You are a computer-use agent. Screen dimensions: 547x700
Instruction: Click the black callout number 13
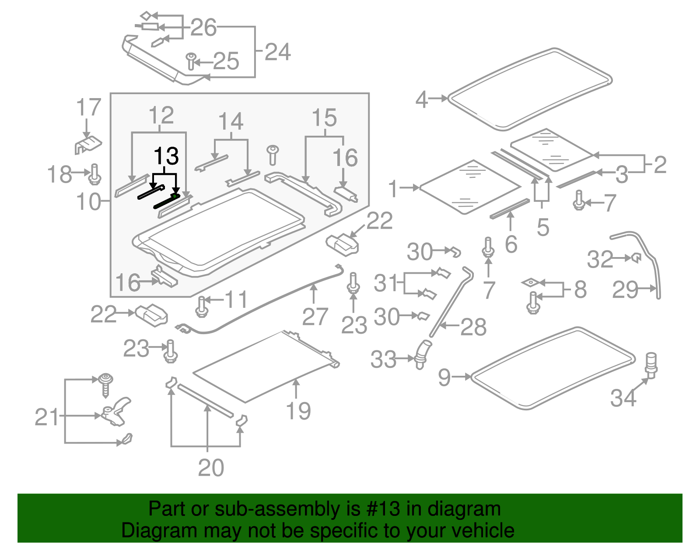point(166,156)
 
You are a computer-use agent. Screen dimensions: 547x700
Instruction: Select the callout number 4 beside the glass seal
point(421,99)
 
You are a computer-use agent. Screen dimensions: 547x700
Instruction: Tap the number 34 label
point(623,398)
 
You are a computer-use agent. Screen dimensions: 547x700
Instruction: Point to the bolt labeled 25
point(191,61)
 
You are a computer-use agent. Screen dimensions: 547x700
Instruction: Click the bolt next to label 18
point(95,174)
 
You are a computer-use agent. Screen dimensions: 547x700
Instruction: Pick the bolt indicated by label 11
point(201,306)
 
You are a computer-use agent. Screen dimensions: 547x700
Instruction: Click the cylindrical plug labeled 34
point(651,364)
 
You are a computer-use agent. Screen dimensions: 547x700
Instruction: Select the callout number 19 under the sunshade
point(298,411)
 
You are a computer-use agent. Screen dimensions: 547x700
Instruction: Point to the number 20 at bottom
point(211,468)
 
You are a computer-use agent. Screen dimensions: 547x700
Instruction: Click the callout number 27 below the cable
point(315,317)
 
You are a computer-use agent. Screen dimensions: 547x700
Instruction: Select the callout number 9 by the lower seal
point(444,377)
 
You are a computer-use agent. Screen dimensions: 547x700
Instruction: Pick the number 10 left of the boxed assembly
point(88,202)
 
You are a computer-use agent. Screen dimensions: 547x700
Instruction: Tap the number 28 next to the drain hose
point(473,327)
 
